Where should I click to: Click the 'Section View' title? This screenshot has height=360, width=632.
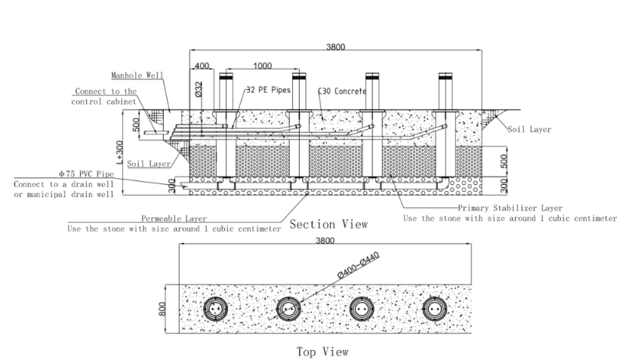[329, 224]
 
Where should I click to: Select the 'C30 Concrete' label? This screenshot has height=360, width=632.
[341, 91]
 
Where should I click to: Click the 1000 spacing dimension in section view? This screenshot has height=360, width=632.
[263, 66]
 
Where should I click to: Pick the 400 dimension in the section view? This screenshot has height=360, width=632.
[201, 66]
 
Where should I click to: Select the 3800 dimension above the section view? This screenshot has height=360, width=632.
[335, 47]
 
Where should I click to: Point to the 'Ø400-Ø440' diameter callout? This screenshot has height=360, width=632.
[358, 266]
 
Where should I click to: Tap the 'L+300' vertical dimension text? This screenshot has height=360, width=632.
[137, 151]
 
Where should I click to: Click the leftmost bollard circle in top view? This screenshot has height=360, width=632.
[214, 309]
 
